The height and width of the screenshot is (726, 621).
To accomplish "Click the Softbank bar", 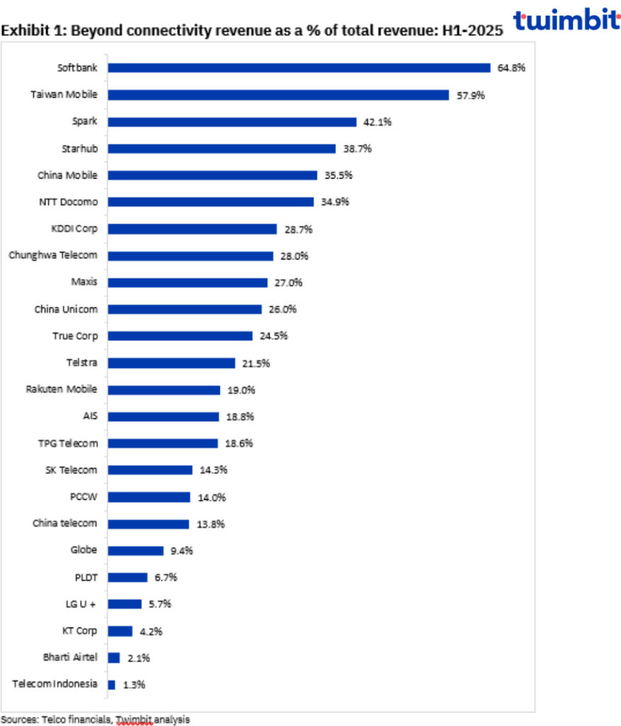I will click(298, 68).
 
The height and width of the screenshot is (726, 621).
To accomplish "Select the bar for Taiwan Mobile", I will click(278, 95).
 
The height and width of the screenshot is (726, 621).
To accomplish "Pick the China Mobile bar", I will click(212, 175).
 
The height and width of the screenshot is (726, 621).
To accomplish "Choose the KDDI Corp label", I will click(73, 229).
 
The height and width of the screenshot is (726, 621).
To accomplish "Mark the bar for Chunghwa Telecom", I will click(190, 256).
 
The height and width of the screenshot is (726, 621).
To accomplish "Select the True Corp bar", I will click(179, 336).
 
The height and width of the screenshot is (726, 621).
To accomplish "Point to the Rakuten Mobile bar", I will click(164, 390).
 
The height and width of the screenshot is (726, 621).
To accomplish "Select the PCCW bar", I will click(149, 497).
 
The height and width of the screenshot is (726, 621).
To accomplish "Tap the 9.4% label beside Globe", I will click(180, 550).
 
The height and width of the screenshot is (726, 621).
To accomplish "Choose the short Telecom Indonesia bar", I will click(111, 685).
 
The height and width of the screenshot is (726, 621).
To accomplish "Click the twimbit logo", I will click(566, 19).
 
